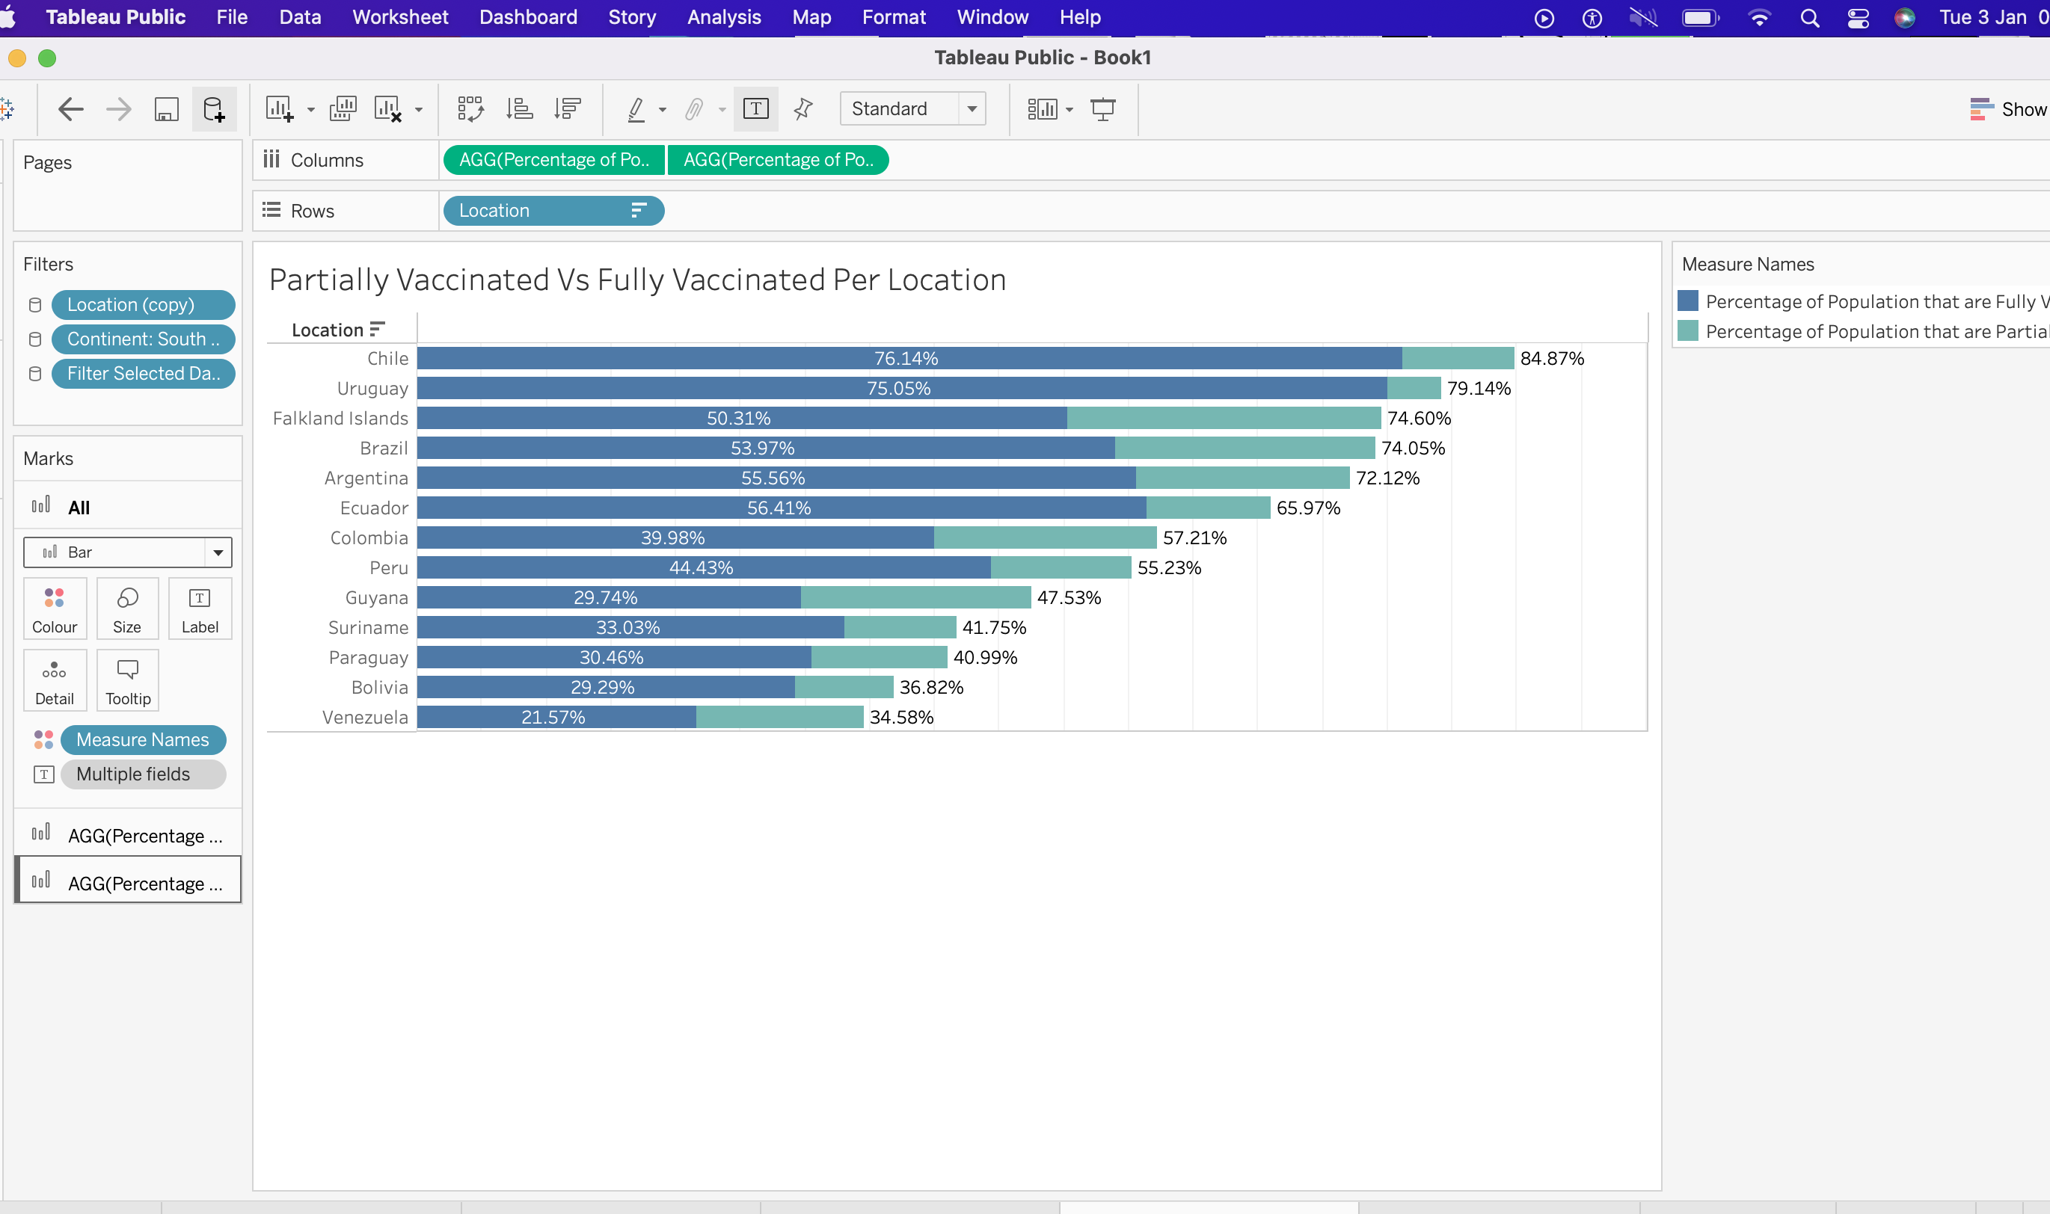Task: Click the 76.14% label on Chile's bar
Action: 906,358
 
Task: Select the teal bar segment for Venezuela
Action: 779,718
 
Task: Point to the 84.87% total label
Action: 1552,358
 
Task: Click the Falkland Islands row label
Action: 340,418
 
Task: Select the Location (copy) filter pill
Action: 142,305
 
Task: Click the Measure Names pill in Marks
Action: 142,739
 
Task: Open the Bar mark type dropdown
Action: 217,552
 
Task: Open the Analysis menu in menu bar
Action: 723,17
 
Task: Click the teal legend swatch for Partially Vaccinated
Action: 1687,331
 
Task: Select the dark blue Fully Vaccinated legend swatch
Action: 1687,301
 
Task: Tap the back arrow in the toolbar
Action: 71,109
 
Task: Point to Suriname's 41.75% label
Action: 993,627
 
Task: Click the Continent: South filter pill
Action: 142,339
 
